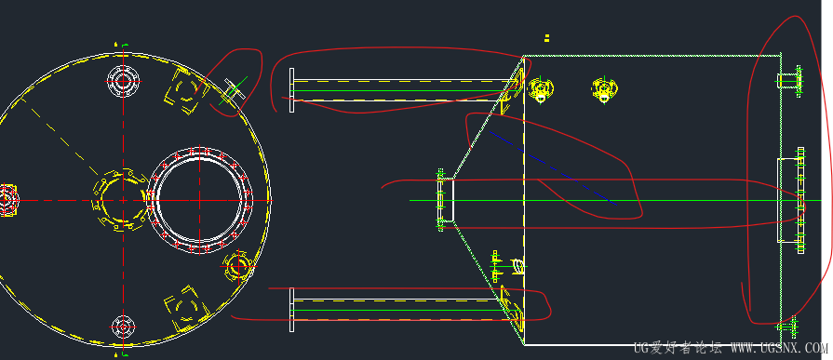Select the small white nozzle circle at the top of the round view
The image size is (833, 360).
[123, 81]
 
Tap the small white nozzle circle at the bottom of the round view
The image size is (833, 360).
[123, 325]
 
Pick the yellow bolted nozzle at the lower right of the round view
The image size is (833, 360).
[237, 267]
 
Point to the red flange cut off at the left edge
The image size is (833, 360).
[8, 200]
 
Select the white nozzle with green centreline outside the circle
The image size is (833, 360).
[234, 90]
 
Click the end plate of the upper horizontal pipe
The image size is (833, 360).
[291, 90]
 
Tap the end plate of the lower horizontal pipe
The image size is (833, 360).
[291, 310]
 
